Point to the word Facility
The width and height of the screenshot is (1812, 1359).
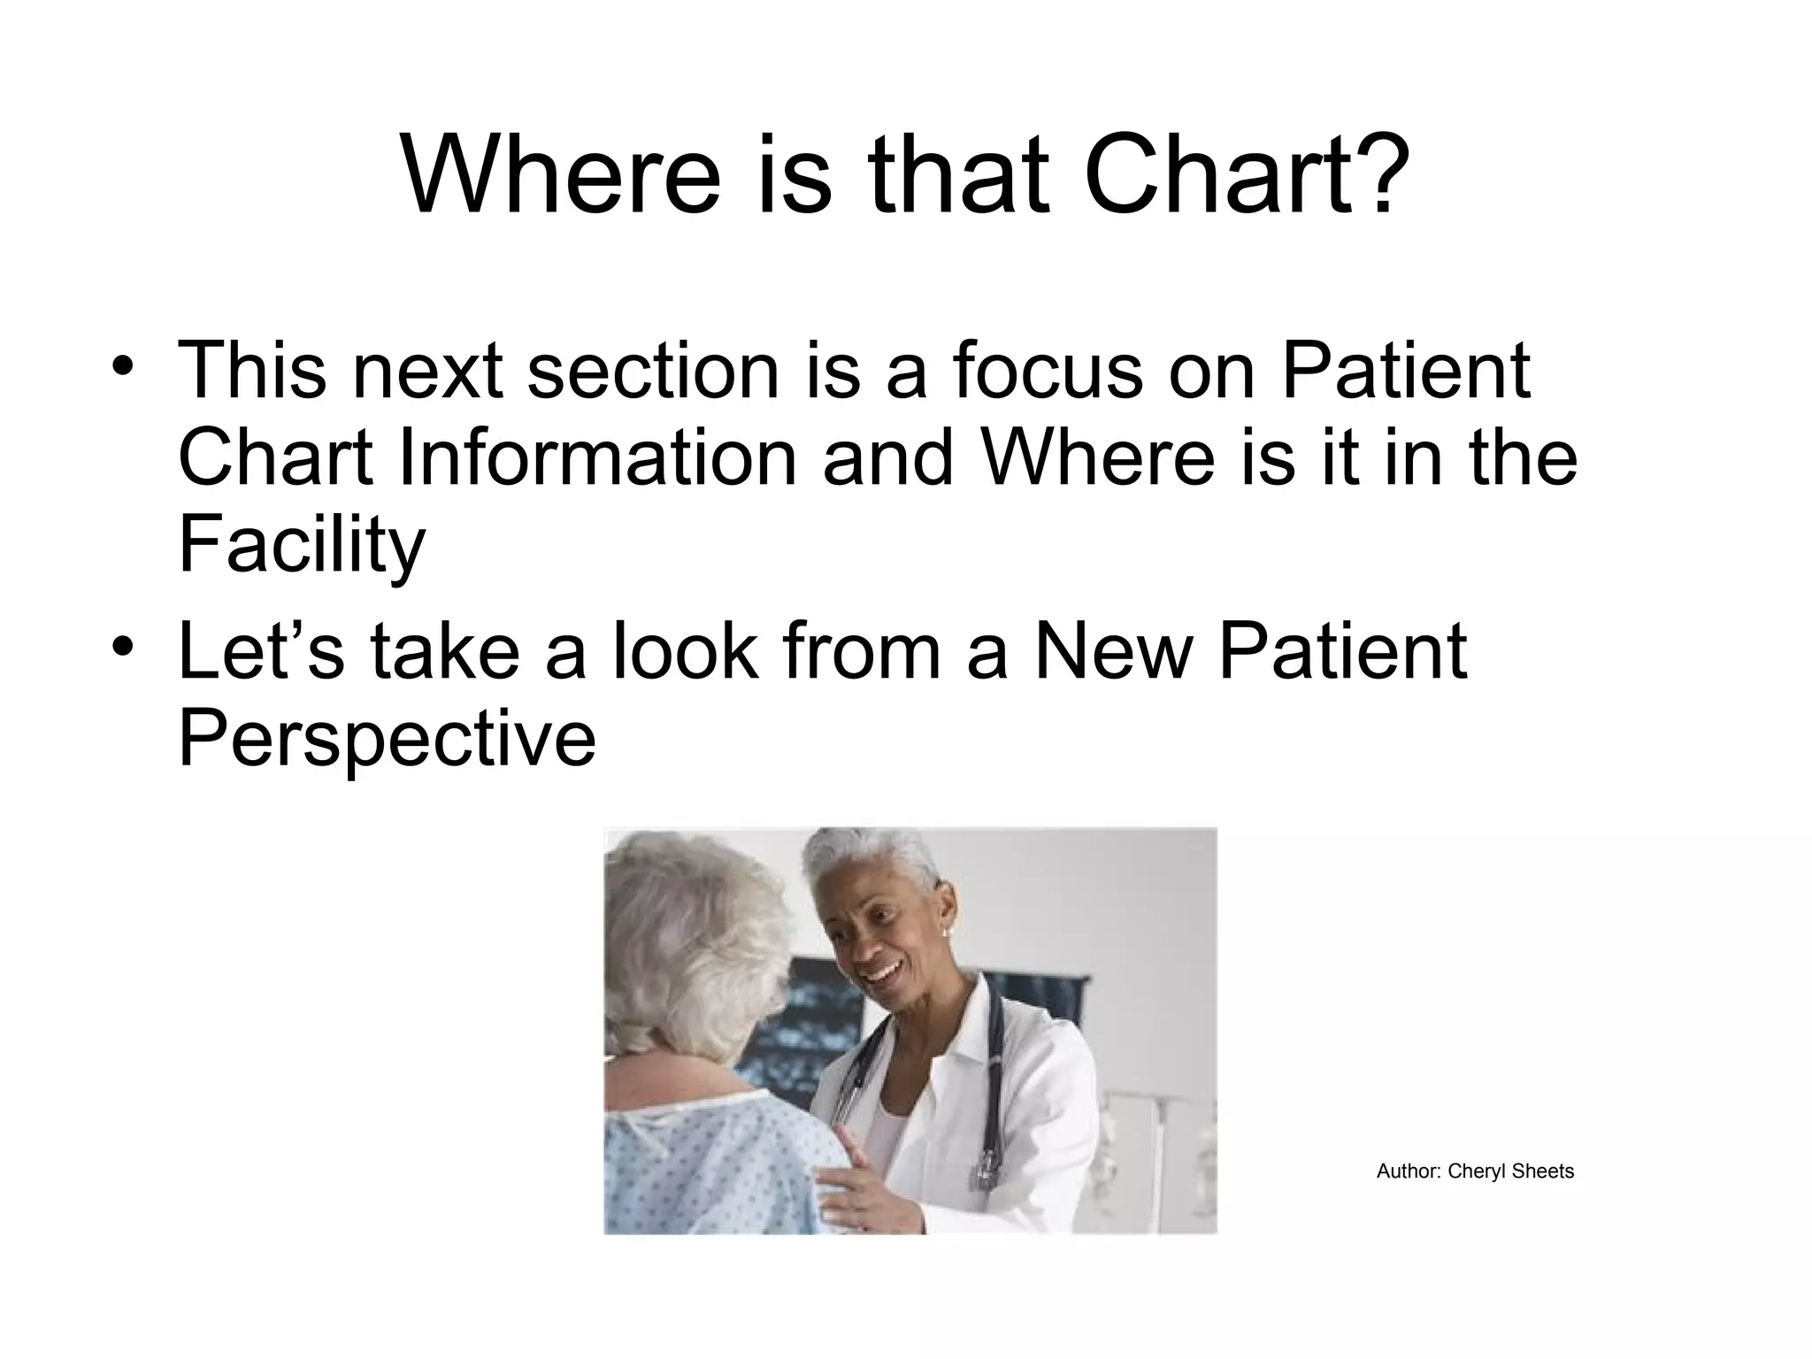(302, 546)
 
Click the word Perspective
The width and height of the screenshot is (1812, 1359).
(387, 740)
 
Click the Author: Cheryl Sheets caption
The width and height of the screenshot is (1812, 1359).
(1475, 1171)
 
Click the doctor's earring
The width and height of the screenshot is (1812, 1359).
(945, 932)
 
